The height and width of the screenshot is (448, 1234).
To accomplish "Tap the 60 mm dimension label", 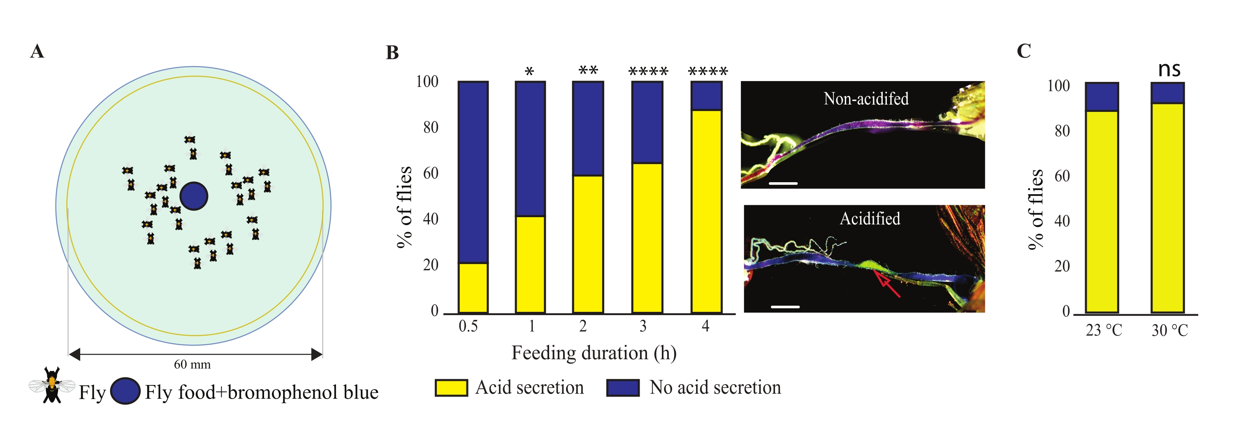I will tap(192, 364).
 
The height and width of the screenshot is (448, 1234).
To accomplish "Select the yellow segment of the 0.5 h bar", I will tap(473, 288).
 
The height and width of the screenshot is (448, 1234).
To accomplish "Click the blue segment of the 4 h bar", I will tap(706, 96).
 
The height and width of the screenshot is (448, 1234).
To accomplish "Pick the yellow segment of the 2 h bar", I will tap(588, 244).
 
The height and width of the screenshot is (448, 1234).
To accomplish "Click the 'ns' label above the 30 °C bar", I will tap(1169, 70).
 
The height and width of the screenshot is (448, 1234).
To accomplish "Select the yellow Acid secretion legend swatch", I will tap(451, 388).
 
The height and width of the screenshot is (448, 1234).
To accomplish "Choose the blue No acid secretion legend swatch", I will tap(623, 388).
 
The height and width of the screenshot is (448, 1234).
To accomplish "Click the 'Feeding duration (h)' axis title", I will tap(594, 353).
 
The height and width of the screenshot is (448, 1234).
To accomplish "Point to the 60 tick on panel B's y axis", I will tap(431, 174).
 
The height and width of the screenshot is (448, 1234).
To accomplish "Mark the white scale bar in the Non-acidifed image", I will tap(783, 183).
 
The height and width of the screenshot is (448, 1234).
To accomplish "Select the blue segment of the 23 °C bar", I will tap(1102, 97).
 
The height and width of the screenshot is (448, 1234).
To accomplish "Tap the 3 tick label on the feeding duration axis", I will tap(643, 327).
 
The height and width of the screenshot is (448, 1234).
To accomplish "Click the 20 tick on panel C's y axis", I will tap(1062, 267).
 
